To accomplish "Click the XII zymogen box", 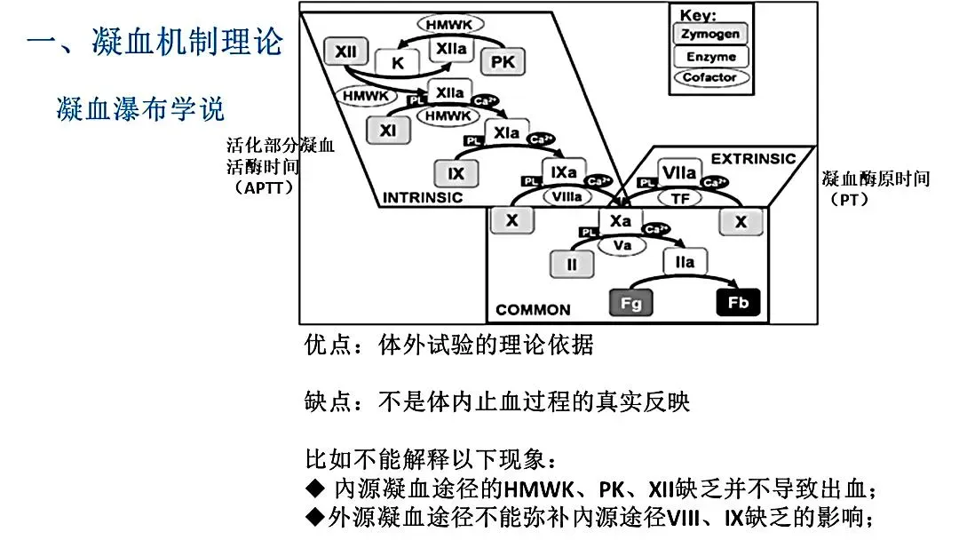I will point(345,52).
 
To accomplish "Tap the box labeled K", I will point(397,63).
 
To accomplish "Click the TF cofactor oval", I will point(680,199).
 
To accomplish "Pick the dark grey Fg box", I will point(630,302).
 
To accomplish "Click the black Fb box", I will point(738,302).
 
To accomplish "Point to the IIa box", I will point(685,262).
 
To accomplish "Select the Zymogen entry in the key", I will point(709,35).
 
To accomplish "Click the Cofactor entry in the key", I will point(709,77).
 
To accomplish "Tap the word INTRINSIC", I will point(422,197).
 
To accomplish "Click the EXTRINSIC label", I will point(753,158).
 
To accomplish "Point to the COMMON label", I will point(533,310).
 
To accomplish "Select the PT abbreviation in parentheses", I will point(849,199).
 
